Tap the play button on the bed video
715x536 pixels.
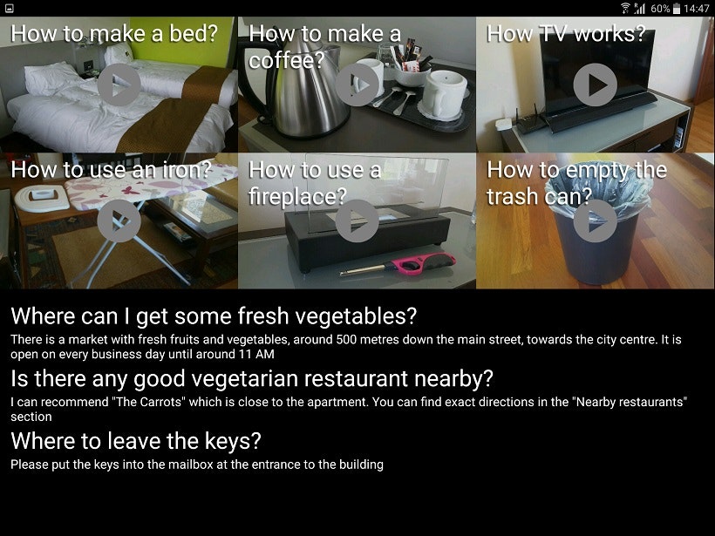[119, 85]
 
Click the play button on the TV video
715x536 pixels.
[595, 85]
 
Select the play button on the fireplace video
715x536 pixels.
[357, 221]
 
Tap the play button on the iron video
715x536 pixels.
[119, 221]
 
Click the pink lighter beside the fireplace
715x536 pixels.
[398, 265]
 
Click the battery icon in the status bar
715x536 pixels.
[677, 8]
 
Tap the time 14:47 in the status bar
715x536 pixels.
[697, 8]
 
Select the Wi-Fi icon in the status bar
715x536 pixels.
[625, 8]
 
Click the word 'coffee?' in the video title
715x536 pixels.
[286, 60]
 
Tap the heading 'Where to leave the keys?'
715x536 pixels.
[136, 441]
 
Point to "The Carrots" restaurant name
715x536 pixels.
[146, 402]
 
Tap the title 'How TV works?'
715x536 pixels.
[566, 34]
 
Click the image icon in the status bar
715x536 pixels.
[9, 8]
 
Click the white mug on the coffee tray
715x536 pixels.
[443, 94]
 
